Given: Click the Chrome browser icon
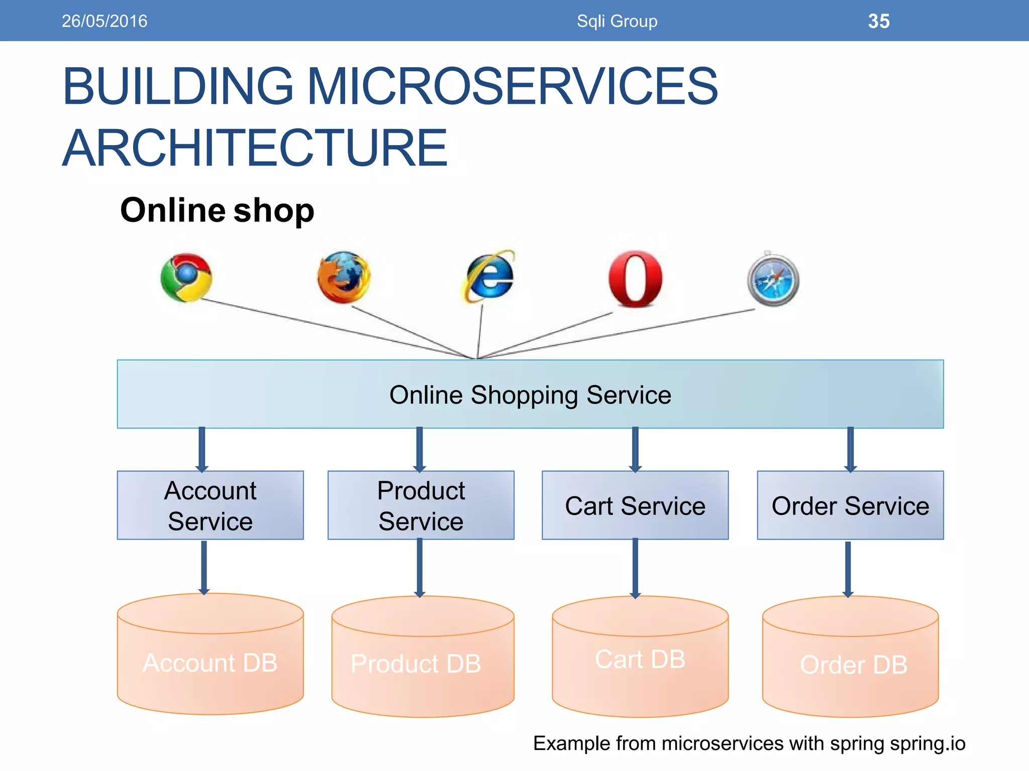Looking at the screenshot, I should click(186, 277).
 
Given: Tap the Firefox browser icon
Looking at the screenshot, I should click(344, 277).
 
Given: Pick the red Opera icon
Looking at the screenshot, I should click(635, 279).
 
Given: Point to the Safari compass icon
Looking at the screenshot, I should click(773, 280).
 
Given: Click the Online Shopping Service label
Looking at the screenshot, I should click(530, 395).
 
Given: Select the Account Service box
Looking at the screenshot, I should click(210, 505).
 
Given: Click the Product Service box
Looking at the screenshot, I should click(421, 505).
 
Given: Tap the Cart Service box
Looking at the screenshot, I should click(635, 505).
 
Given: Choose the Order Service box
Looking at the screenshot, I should click(850, 505).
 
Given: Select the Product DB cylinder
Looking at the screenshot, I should click(422, 663).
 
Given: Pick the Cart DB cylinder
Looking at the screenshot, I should click(640, 660).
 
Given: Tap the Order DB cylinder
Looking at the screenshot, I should click(851, 664).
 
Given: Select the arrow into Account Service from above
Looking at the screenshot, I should click(202, 449).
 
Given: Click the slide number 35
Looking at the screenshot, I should click(878, 21).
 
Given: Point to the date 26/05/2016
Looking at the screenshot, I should click(105, 21).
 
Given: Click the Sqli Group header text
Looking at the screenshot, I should click(616, 21).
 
